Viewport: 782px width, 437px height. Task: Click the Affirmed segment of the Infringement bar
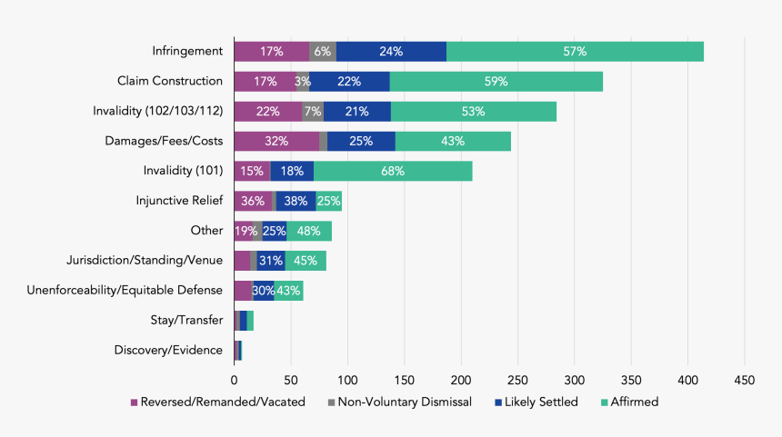pyautogui.click(x=575, y=52)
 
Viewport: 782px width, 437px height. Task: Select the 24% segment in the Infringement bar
pyautogui.click(x=391, y=52)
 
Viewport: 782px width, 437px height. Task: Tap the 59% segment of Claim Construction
pyautogui.click(x=496, y=82)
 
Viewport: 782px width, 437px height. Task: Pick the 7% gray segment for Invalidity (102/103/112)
pyautogui.click(x=313, y=112)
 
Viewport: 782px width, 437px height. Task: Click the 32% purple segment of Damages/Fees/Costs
pyautogui.click(x=276, y=141)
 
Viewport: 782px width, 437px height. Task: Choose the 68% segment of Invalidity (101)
pyautogui.click(x=393, y=171)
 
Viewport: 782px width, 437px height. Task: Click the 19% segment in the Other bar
pyautogui.click(x=244, y=231)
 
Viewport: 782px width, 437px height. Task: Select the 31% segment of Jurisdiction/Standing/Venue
pyautogui.click(x=271, y=261)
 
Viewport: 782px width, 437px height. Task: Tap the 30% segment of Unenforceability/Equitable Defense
pyautogui.click(x=263, y=291)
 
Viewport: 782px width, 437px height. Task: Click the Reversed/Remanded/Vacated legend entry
pyautogui.click(x=217, y=402)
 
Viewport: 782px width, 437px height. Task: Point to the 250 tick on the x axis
pyautogui.click(x=517, y=379)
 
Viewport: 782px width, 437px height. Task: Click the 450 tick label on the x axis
pyautogui.click(x=745, y=379)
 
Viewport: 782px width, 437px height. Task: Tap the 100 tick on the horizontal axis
pyautogui.click(x=347, y=379)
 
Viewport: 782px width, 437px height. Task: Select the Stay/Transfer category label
pyautogui.click(x=186, y=320)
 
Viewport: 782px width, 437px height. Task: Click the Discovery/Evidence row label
pyautogui.click(x=168, y=350)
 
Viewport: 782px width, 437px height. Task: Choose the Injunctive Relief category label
pyautogui.click(x=179, y=201)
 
